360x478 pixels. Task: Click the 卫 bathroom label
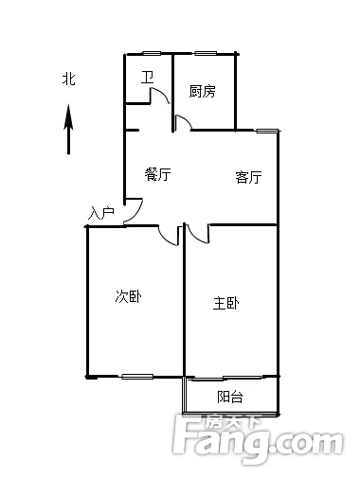tap(147, 78)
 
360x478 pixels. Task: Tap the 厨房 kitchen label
tap(203, 91)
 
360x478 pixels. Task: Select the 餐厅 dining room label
tap(158, 174)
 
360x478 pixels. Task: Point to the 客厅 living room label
tap(248, 177)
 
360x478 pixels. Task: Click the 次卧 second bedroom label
tap(128, 296)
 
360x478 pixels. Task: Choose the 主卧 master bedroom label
tap(226, 304)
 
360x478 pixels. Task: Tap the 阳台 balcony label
tap(230, 397)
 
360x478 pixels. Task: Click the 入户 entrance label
tap(101, 213)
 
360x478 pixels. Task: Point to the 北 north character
tap(69, 79)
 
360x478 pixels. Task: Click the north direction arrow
tap(68, 130)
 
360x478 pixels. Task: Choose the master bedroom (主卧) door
tap(197, 235)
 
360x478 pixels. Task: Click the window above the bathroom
tap(151, 53)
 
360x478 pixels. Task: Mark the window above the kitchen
tap(206, 53)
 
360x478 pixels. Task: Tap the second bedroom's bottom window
tap(137, 376)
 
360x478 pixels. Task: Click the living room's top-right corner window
tap(267, 131)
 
